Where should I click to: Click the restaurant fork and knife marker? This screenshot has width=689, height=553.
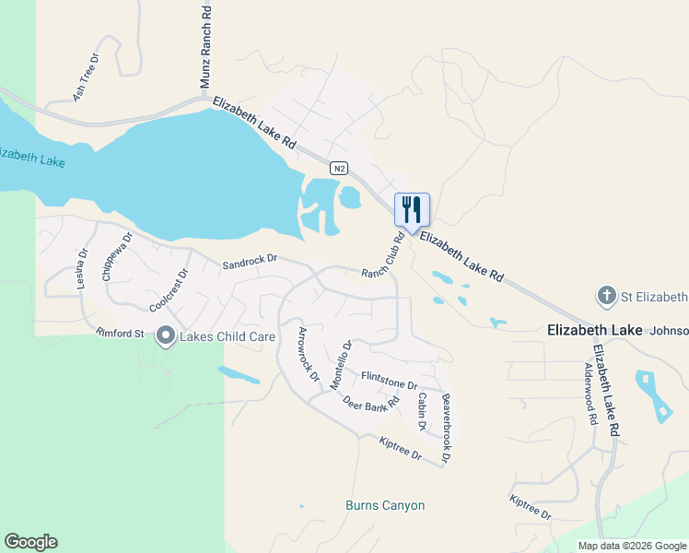click(412, 209)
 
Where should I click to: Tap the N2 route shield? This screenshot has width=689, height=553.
click(340, 168)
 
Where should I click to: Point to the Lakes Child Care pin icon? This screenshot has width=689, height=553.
click(166, 336)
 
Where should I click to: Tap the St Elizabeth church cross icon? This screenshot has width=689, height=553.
click(606, 296)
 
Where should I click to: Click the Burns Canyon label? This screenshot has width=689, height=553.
click(385, 505)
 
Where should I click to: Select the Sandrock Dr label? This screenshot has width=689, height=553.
click(250, 265)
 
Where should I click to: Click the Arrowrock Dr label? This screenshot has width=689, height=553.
click(308, 355)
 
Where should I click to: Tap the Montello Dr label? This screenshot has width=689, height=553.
click(342, 364)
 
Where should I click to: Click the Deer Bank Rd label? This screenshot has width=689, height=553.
click(370, 402)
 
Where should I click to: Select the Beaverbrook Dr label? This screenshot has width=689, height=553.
click(447, 428)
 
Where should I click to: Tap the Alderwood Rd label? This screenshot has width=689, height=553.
click(590, 393)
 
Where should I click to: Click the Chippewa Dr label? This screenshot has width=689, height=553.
click(117, 256)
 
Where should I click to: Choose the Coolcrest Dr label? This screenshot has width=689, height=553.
click(169, 289)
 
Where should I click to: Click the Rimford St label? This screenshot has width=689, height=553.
click(120, 332)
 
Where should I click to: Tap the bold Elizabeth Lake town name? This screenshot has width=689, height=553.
click(595, 329)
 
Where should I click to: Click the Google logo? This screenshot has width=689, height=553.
click(30, 542)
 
